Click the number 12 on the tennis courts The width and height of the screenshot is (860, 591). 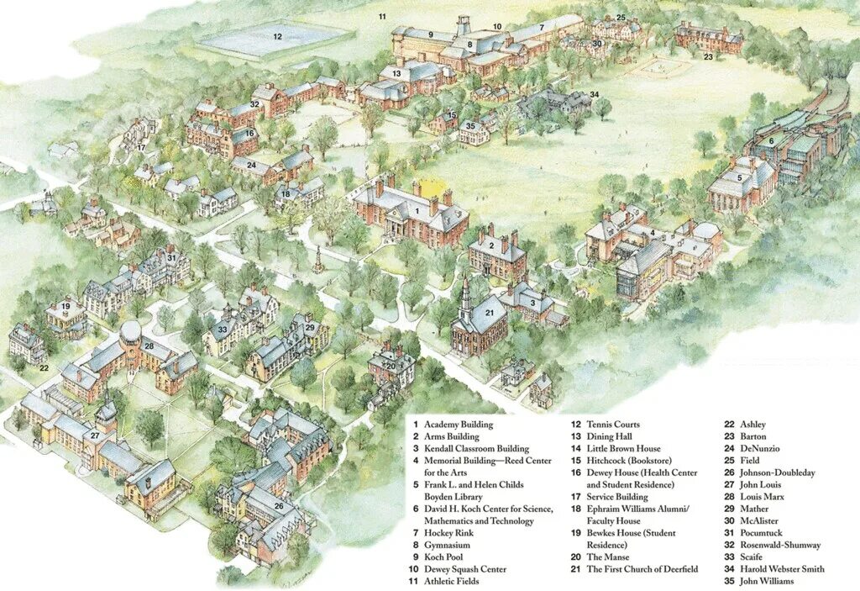(x=277, y=36)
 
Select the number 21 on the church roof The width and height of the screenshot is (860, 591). (x=490, y=313)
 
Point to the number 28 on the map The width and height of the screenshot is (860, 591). (x=149, y=346)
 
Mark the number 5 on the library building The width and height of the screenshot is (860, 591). (x=739, y=177)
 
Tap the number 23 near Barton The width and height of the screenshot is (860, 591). (x=708, y=57)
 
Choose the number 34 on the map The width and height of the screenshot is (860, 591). (x=594, y=95)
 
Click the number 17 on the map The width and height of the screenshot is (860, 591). (x=142, y=148)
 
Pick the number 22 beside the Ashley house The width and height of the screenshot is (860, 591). (x=44, y=367)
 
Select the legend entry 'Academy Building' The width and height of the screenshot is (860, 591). (x=458, y=425)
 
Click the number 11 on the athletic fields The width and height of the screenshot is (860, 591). (x=381, y=17)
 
